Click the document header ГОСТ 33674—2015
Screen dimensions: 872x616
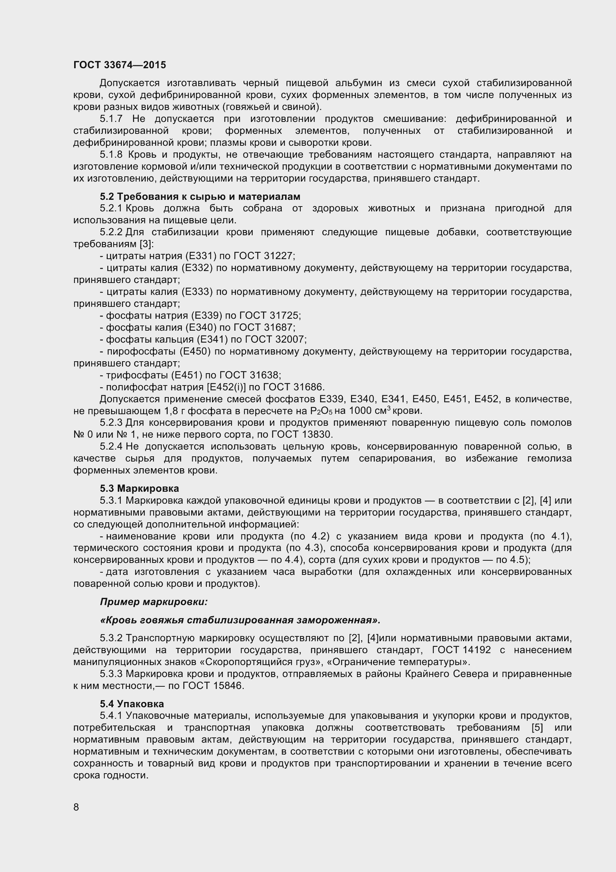pyautogui.click(x=120, y=65)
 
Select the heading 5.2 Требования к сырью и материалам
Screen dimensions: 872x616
pyautogui.click(x=200, y=196)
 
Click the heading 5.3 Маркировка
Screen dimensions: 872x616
pyautogui.click(x=139, y=488)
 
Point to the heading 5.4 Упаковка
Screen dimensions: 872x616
pyautogui.click(x=132, y=704)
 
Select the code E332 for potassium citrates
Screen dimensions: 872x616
pyautogui.click(x=197, y=268)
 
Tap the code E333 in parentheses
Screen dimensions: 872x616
pyautogui.click(x=197, y=292)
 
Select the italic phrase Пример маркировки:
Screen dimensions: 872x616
pyautogui.click(x=154, y=602)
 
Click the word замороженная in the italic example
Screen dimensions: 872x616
pyautogui.click(x=338, y=620)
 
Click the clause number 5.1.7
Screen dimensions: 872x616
pyautogui.click(x=111, y=119)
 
